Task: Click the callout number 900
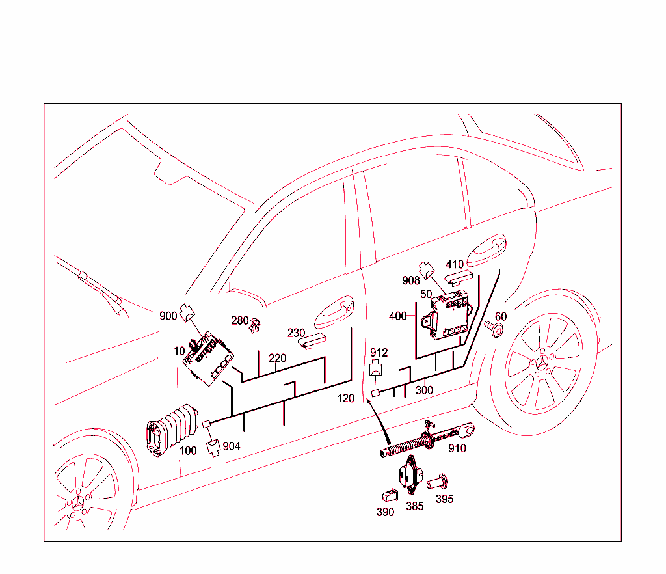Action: tap(168, 316)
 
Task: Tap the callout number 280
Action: tap(239, 321)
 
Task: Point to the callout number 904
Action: tap(232, 446)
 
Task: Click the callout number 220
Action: tap(277, 359)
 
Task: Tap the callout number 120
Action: tap(345, 398)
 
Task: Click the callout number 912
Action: tap(379, 353)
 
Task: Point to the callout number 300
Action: tap(424, 390)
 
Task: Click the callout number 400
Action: tap(397, 317)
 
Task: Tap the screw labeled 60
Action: tap(495, 328)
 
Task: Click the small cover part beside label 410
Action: tap(459, 279)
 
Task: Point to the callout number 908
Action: tap(411, 280)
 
